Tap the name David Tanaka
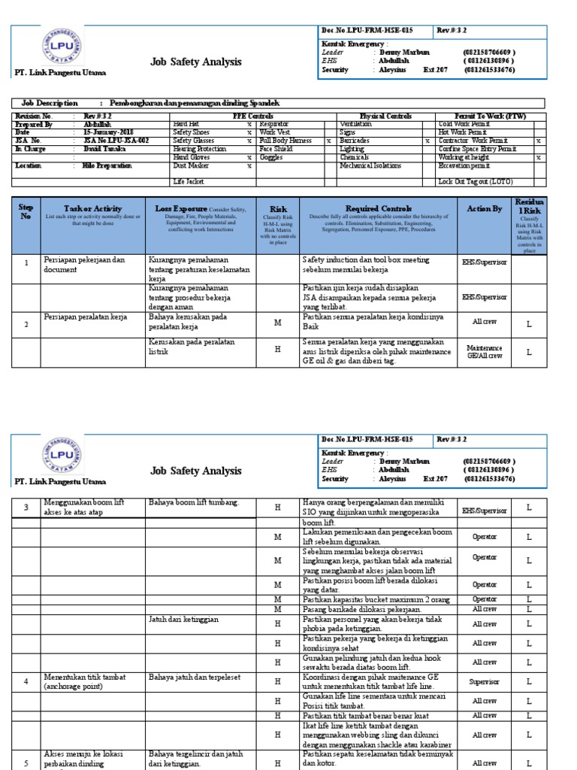[103, 149]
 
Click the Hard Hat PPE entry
[186, 123]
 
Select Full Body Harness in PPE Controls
[286, 141]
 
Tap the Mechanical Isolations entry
[370, 165]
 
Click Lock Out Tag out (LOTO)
[476, 182]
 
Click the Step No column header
[26, 210]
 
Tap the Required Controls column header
[378, 208]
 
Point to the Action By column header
[484, 208]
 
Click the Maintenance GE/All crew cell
[484, 351]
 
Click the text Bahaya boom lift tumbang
[193, 503]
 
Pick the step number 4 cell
[26, 681]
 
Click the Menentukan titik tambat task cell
[83, 682]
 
